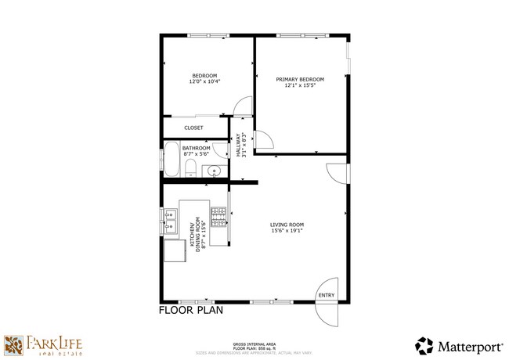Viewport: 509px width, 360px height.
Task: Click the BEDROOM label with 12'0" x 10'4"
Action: coord(204,76)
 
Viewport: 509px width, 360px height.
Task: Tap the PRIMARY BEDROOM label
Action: coord(300,79)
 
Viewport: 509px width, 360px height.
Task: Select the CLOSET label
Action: coord(193,128)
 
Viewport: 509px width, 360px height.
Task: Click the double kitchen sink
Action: coord(170,221)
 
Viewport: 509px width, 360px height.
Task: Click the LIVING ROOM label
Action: coord(287,225)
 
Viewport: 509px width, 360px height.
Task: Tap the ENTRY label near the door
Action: coord(327,295)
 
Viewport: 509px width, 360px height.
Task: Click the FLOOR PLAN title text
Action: coord(191,310)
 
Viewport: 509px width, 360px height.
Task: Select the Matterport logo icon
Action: coord(424,345)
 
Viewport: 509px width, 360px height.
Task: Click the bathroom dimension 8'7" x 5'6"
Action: coord(197,154)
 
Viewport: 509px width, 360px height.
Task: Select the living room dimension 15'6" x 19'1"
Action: coord(287,231)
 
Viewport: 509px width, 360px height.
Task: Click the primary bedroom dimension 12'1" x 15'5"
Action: coord(300,85)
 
